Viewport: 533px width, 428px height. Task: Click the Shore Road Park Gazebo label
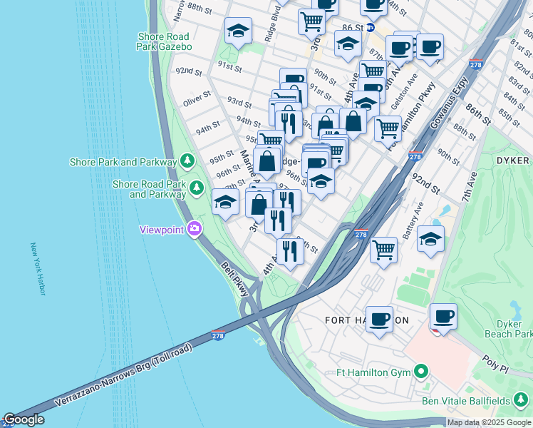(165, 41)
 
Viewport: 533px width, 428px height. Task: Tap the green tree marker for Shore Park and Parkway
(188, 161)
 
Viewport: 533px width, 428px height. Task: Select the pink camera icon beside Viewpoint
(195, 229)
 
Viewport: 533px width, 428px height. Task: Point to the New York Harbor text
(37, 269)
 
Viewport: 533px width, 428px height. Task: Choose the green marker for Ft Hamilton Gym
(422, 372)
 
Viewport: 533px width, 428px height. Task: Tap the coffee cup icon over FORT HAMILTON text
(381, 317)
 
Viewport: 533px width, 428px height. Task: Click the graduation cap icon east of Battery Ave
(430, 239)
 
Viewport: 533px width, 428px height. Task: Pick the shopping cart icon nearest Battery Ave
(383, 249)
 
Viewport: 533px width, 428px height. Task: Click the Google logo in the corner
(24, 420)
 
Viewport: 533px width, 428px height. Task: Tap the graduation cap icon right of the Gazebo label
(238, 30)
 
